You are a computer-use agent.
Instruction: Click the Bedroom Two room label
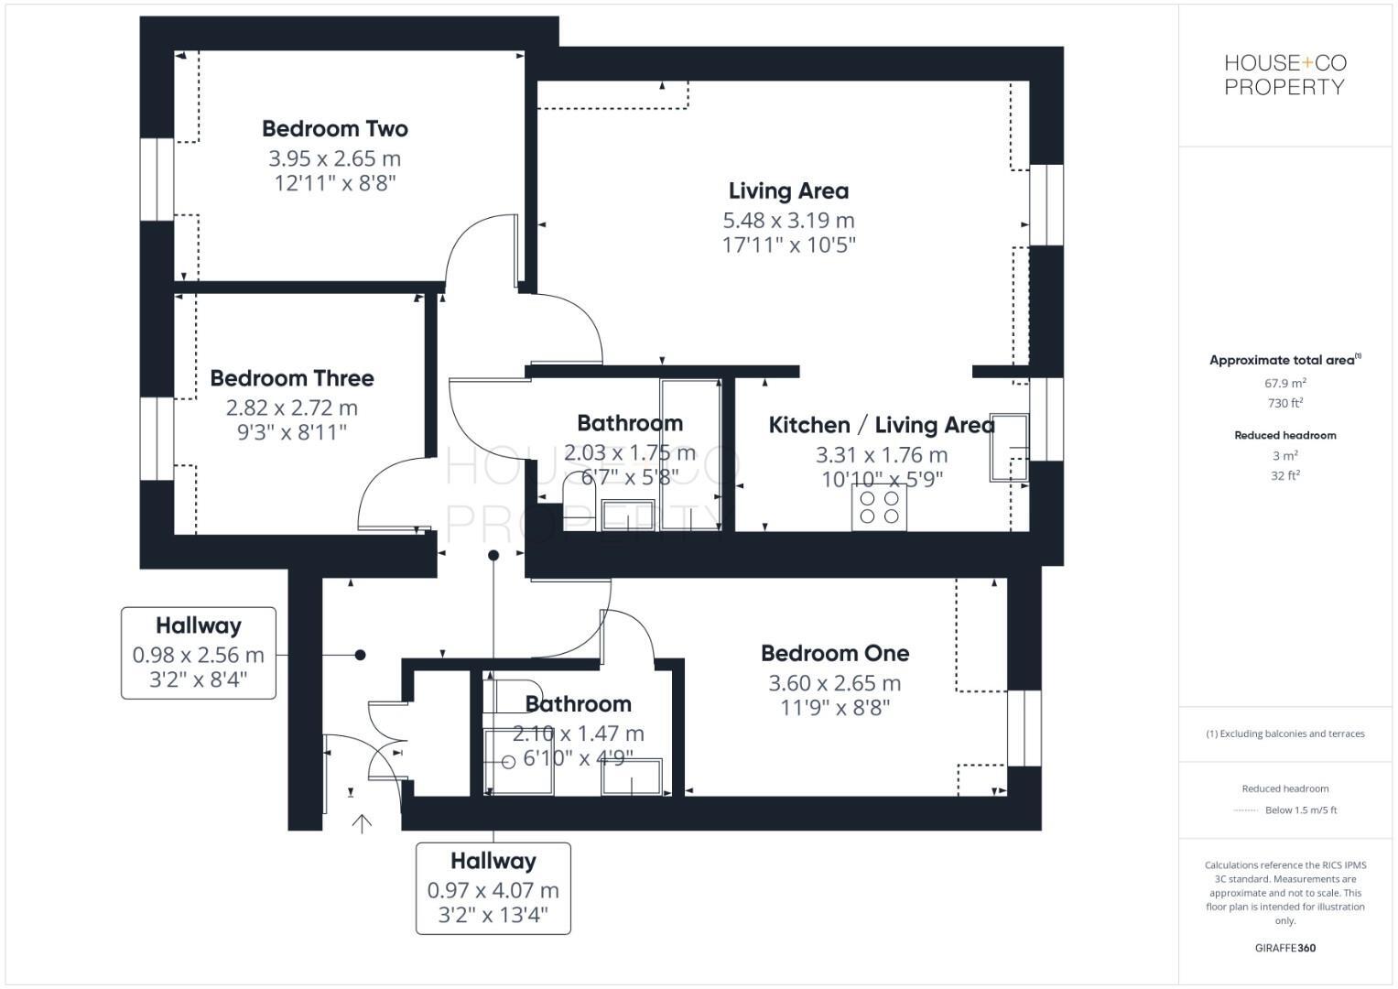pos(335,128)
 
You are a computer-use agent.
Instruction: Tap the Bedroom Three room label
pos(292,377)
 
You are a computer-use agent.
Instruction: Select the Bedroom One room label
pos(835,653)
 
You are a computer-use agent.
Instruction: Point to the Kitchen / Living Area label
pos(882,425)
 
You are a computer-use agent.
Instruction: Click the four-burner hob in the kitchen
pos(879,507)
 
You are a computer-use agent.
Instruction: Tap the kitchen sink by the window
pos(1009,447)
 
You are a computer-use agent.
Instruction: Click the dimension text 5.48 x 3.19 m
pos(789,220)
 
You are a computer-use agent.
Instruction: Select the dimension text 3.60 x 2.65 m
pos(835,683)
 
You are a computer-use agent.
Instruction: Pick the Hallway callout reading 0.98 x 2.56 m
pos(199,652)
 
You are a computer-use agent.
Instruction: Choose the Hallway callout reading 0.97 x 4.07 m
pos(493,888)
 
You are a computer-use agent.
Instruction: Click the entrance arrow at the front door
pos(362,823)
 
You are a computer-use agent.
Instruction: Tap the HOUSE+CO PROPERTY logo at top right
pos(1285,74)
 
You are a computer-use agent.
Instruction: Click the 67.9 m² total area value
pos(1285,383)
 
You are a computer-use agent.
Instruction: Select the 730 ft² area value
pos(1285,403)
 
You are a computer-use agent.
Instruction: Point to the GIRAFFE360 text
pos(1285,948)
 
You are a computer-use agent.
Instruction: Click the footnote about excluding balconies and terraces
pos(1285,734)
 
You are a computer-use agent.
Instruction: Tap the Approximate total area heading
pos(1284,360)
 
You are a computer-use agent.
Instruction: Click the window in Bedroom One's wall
pos(1024,728)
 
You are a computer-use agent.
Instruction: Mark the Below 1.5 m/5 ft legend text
pos(1301,810)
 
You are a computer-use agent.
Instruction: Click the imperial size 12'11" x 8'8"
pos(335,183)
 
